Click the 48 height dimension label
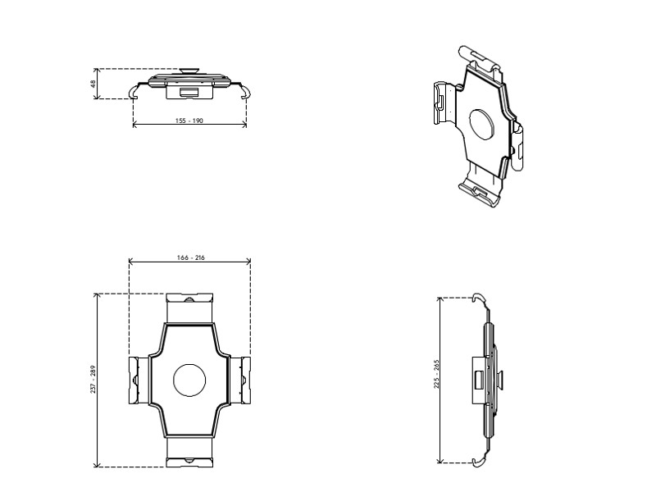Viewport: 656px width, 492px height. (x=93, y=83)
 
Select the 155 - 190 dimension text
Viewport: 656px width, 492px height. (x=189, y=120)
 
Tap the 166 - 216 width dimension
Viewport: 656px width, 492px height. (x=190, y=257)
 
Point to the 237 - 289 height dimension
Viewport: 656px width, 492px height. (x=93, y=380)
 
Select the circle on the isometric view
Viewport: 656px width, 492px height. (x=482, y=125)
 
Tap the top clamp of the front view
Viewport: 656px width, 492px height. (x=190, y=308)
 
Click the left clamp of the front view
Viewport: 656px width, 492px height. (x=137, y=380)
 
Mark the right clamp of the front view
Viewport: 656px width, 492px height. (x=243, y=380)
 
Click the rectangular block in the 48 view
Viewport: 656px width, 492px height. (x=189, y=91)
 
